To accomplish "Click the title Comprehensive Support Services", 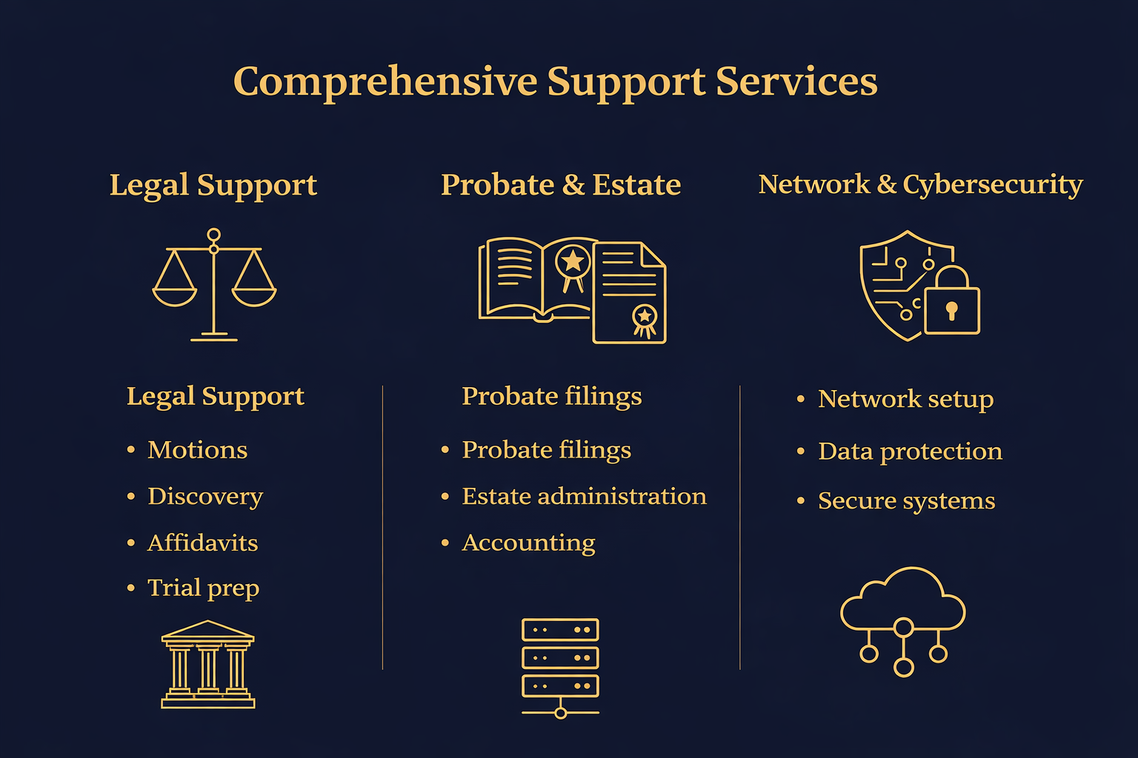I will coord(555,81).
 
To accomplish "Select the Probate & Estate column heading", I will coord(561,185).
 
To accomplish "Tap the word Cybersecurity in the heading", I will coord(993,184).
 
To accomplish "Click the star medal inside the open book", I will coord(573,262).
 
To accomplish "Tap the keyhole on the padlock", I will coord(952,309).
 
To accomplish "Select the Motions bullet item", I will coord(197,450).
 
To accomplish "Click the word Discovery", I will coord(205,497).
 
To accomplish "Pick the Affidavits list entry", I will coord(202,543).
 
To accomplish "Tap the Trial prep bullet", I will coord(203,588).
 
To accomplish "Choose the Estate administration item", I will coord(584,497).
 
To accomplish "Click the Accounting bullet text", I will coord(528,543).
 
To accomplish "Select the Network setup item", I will coord(905,399).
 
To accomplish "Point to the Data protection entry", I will coord(910,452).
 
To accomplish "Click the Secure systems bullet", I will coord(906,501).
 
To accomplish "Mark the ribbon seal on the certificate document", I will coord(645,318).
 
